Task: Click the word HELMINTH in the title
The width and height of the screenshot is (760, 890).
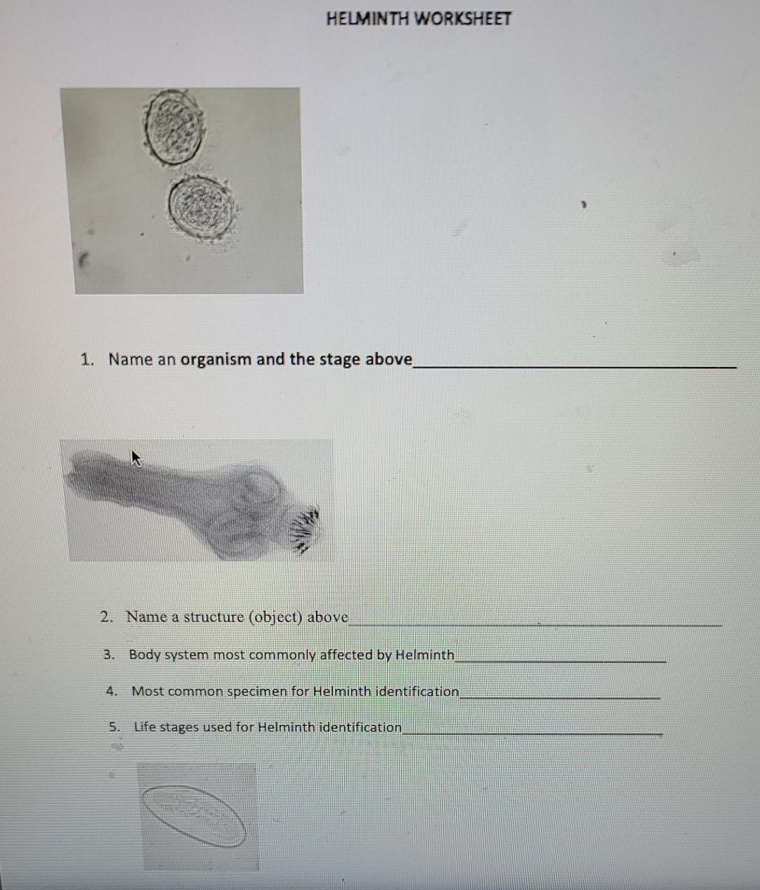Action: coord(367,19)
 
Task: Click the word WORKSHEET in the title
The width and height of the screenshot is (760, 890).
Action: coord(462,19)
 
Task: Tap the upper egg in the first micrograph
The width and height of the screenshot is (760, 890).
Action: coord(174,127)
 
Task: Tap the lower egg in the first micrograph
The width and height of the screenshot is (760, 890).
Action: coord(201,208)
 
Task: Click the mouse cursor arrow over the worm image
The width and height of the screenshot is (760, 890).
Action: coord(137,459)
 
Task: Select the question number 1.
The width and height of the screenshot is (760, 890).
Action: coord(87,360)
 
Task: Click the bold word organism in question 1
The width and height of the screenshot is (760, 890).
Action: coord(215,359)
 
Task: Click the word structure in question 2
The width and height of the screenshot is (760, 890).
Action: coord(213,618)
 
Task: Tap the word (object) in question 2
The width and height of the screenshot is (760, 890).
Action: coord(275,618)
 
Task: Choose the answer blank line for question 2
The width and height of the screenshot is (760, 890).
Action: coord(535,624)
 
